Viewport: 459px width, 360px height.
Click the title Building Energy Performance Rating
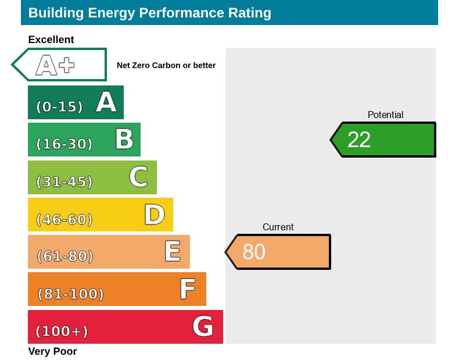pyautogui.click(x=149, y=13)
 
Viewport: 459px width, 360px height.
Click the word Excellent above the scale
pyautogui.click(x=51, y=40)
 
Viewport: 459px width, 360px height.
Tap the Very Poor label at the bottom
pyautogui.click(x=52, y=351)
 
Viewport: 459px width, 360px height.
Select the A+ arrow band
pyautogui.click(x=60, y=65)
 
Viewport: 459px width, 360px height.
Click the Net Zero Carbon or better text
pyautogui.click(x=166, y=66)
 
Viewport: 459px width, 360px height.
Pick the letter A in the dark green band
pyautogui.click(x=106, y=102)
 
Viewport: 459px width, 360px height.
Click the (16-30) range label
pyautogui.click(x=64, y=144)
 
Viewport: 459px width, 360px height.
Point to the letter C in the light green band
pyautogui.click(x=138, y=177)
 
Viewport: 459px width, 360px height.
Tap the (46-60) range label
pyautogui.click(x=64, y=219)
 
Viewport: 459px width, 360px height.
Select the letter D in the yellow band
pyautogui.click(x=155, y=215)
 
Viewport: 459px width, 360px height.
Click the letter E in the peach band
pyautogui.click(x=172, y=252)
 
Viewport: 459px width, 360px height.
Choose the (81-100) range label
pyautogui.click(x=70, y=294)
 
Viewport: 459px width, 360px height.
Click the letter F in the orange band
pyautogui.click(x=187, y=289)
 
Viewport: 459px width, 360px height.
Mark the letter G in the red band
pyautogui.click(x=203, y=326)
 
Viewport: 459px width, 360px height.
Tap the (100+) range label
pyautogui.click(x=62, y=332)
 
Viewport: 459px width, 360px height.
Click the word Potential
pyautogui.click(x=385, y=115)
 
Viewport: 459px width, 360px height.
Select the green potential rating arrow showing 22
pyautogui.click(x=383, y=140)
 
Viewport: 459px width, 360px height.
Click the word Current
pyautogui.click(x=278, y=227)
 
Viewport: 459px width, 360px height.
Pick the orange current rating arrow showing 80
pyautogui.click(x=279, y=252)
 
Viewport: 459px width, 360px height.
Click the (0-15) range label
pyautogui.click(x=59, y=107)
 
